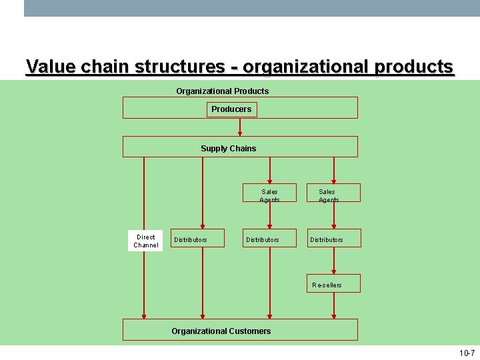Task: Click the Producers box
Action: (231, 109)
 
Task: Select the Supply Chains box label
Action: (228, 149)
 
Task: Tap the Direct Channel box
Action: (146, 241)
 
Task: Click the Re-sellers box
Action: (333, 284)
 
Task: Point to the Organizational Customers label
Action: (221, 331)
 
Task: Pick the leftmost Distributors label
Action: (190, 240)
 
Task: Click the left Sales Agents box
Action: (269, 193)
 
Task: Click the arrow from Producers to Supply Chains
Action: (240, 127)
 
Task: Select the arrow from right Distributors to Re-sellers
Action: (334, 261)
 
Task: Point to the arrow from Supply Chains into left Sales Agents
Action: (269, 170)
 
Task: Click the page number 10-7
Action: (467, 353)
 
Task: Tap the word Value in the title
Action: (51, 67)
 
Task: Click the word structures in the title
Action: (179, 67)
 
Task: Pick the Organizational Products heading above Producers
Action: (222, 91)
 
